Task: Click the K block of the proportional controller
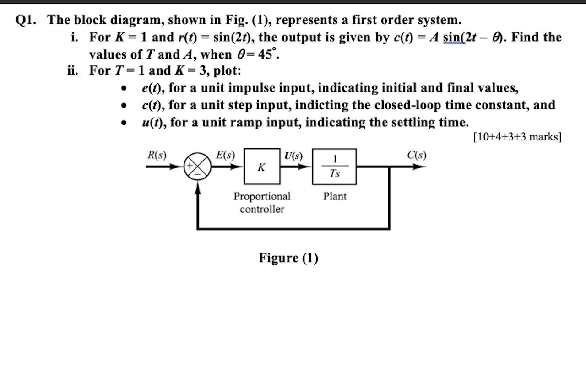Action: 262,167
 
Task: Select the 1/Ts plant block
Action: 334,167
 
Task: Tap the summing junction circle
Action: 197,167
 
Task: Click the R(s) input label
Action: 157,155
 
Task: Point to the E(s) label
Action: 225,155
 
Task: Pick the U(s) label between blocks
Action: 293,156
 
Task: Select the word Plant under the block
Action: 335,196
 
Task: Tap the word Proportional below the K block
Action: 262,196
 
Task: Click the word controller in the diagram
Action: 262,209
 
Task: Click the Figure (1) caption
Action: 288,258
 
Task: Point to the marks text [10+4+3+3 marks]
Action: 517,137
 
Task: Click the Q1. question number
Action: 27,20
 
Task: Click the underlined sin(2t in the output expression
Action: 454,38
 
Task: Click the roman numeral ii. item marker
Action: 74,71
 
